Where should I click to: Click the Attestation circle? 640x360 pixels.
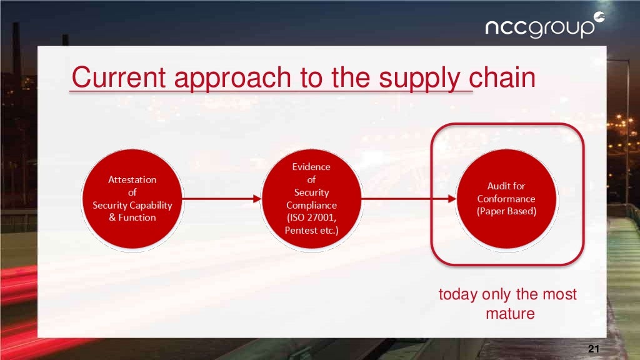pos(132,198)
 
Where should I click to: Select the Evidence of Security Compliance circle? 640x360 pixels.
pos(311,198)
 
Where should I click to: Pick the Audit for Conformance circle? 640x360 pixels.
pos(506,198)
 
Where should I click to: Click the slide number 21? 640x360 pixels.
pos(594,349)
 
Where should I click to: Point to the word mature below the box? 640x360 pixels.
pos(510,313)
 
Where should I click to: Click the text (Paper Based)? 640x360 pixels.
pos(506,211)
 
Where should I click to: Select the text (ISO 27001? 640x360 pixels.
pos(311,218)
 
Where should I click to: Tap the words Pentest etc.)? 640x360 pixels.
pos(311,231)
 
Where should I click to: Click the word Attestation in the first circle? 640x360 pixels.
pos(132,179)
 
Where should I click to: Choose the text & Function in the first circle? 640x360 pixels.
pos(132,217)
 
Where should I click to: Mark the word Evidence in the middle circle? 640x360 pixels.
pos(311,167)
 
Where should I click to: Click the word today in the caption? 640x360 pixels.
pos(458,294)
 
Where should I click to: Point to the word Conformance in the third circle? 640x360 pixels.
pos(506,199)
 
